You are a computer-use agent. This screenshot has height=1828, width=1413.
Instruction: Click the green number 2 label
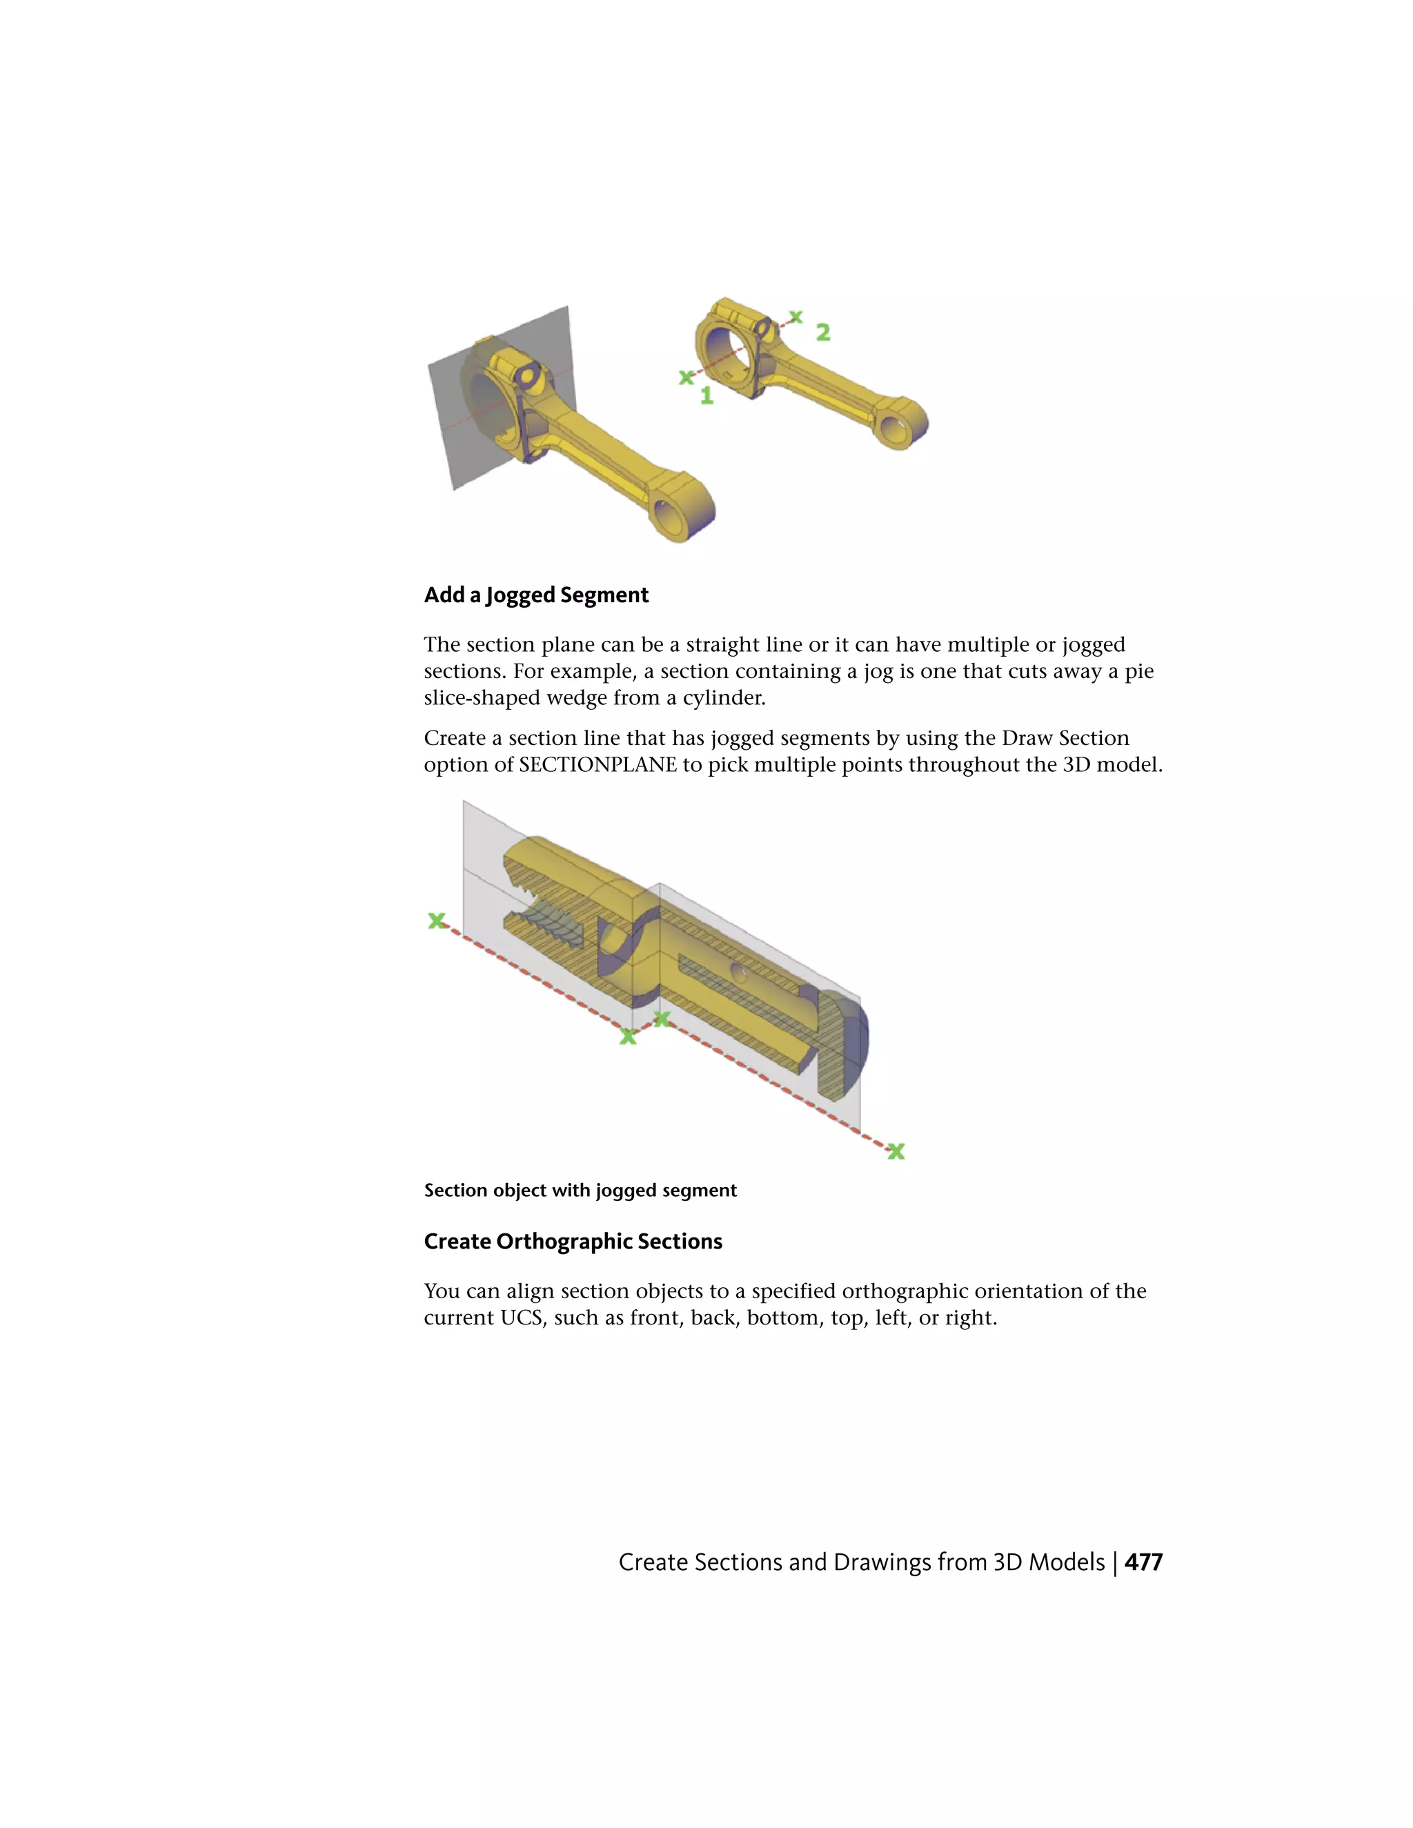(823, 332)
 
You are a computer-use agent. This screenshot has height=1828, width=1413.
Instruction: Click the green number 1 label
(706, 395)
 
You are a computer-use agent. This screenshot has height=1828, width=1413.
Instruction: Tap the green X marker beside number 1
(686, 377)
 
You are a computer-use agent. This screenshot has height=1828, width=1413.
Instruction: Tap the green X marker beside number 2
(796, 317)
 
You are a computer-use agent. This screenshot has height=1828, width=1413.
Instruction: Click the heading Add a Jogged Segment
(535, 595)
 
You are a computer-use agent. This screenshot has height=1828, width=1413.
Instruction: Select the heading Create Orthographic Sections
(573, 1241)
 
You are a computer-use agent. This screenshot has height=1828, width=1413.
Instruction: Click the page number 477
(1143, 1562)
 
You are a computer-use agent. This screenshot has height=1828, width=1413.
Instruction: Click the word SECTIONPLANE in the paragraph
(597, 765)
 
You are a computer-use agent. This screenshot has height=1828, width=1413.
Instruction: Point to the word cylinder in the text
(723, 698)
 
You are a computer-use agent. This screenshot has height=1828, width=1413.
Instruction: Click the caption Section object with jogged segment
(580, 1190)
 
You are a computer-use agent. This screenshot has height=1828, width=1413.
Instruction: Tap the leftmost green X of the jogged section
(436, 921)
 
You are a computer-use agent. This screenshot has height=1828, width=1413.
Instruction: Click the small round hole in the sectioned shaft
(738, 972)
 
